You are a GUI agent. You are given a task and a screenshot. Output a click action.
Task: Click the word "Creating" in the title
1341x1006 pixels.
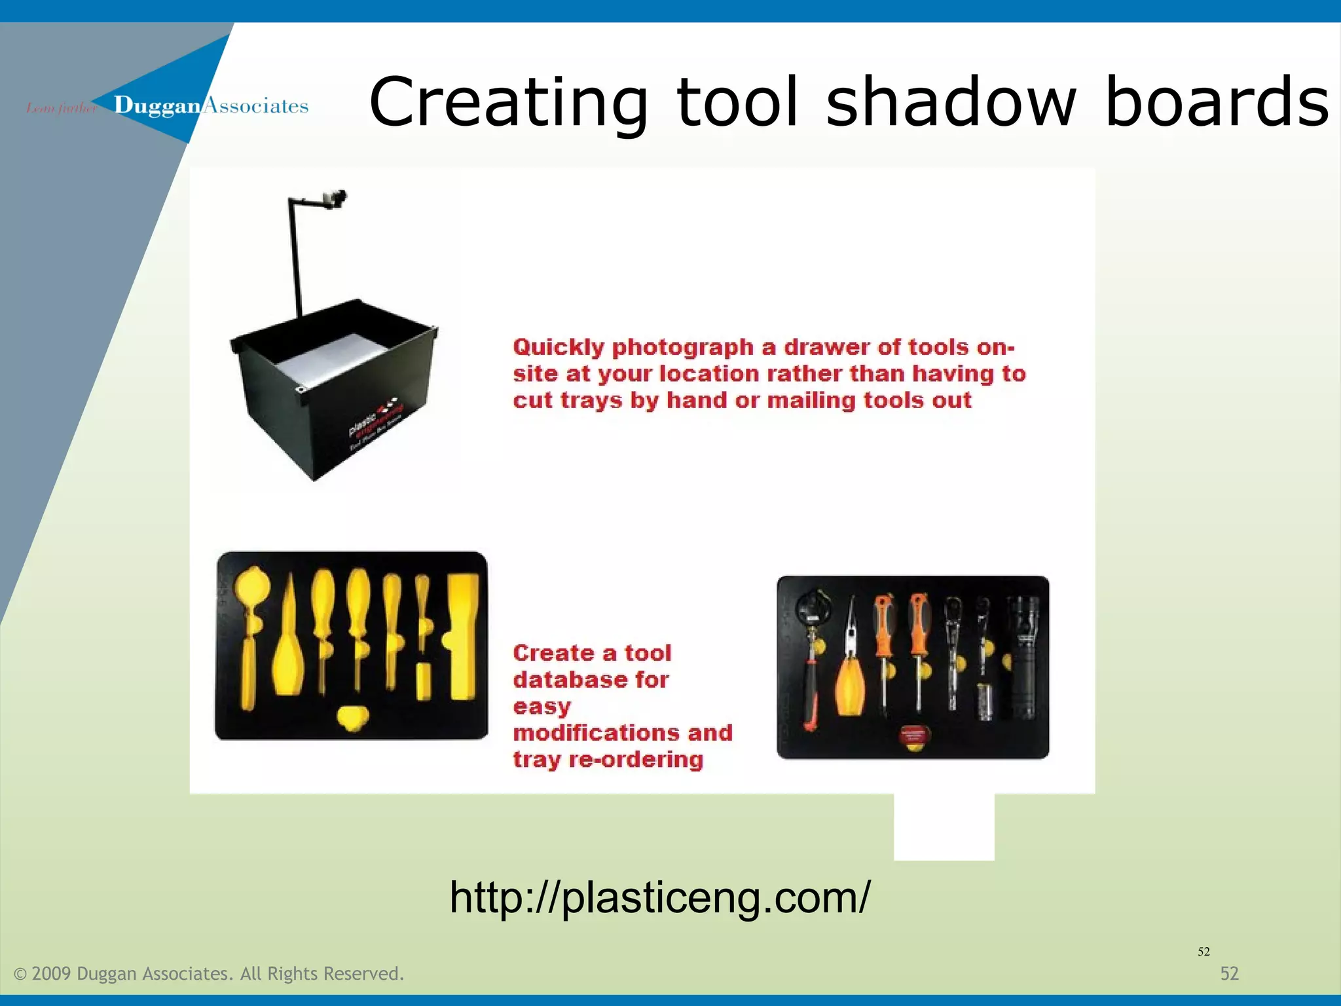(508, 103)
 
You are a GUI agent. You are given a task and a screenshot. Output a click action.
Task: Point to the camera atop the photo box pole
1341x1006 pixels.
(335, 198)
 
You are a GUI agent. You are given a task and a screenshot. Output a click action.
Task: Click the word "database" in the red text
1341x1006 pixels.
(591, 680)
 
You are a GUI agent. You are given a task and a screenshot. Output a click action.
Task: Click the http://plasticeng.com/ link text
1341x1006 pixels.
(660, 897)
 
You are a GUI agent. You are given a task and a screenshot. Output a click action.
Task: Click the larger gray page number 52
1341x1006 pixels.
(1229, 974)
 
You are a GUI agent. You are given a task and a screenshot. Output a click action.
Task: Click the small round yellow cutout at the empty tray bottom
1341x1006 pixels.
(353, 718)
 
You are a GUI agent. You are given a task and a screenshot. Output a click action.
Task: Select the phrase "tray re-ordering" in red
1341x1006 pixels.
(608, 760)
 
